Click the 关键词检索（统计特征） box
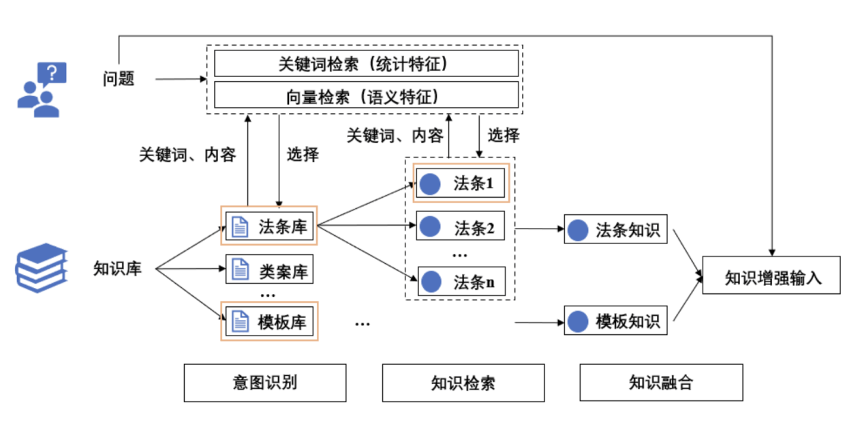coord(366,63)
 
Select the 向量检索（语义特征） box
coord(366,95)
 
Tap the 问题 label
coord(119,79)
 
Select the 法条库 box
coord(269,226)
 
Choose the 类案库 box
coord(269,271)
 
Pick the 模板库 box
coord(269,321)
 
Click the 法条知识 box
coord(615,230)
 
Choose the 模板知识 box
coord(615,321)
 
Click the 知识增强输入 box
coord(771,276)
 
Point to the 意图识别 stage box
coord(265,383)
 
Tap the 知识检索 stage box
coord(463,383)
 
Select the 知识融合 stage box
coord(660,383)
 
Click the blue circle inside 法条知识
coord(579,230)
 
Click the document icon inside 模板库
coord(239,321)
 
